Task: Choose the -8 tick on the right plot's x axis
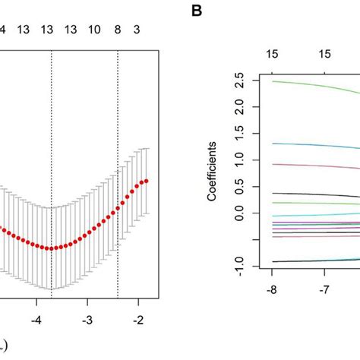pos(273,290)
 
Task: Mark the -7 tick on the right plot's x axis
pos(324,290)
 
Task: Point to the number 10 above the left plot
pos(94,30)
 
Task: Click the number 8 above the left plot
pos(118,30)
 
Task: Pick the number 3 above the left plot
pos(137,30)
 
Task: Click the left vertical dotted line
pos(52,152)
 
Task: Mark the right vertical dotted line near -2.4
pos(118,152)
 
